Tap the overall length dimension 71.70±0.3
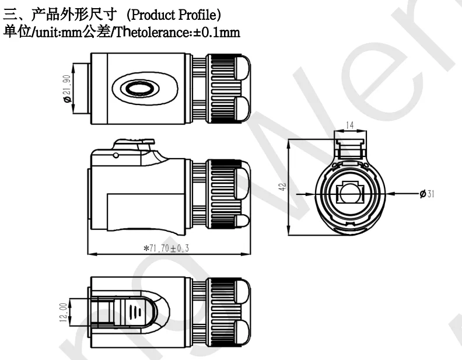pos(167,248)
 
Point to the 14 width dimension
pos(349,125)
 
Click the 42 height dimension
pos(282,187)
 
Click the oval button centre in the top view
pos(140,89)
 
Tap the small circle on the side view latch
pos(117,155)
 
